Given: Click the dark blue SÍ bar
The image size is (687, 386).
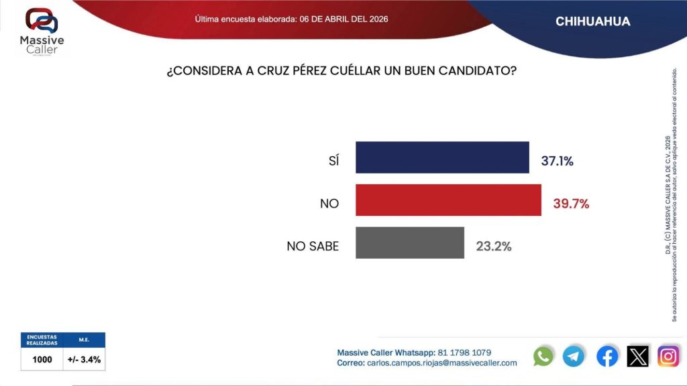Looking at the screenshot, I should coord(442,157).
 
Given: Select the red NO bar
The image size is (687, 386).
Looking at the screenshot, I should coord(448,200).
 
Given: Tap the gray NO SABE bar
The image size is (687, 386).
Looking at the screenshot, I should coord(410,243).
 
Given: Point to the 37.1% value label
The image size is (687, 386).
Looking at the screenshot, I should coord(557,161).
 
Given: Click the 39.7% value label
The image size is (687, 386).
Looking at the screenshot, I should coord(570,203).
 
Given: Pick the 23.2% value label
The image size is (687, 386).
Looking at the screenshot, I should coord(494,246).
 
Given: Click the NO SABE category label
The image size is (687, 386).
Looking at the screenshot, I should coord(313,246).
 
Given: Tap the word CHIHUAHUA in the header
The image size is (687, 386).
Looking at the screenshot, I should coord(593,21).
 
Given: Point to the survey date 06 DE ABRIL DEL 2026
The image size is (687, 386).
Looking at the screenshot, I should coord(343,19).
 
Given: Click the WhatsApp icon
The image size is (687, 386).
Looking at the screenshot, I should coord(543,356).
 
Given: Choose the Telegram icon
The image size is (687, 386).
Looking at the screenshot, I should coord(574,356).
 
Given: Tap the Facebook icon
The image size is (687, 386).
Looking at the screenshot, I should coord(607,356).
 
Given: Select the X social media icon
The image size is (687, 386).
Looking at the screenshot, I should coord(638,356).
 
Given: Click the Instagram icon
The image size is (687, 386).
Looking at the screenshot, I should coord(668,356).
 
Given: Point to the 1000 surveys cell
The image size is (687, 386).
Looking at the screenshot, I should coord(42,359).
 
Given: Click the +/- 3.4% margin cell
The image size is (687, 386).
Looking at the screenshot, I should coord(85,359).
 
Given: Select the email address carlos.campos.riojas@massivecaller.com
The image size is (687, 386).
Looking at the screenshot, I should coord(442,363).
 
